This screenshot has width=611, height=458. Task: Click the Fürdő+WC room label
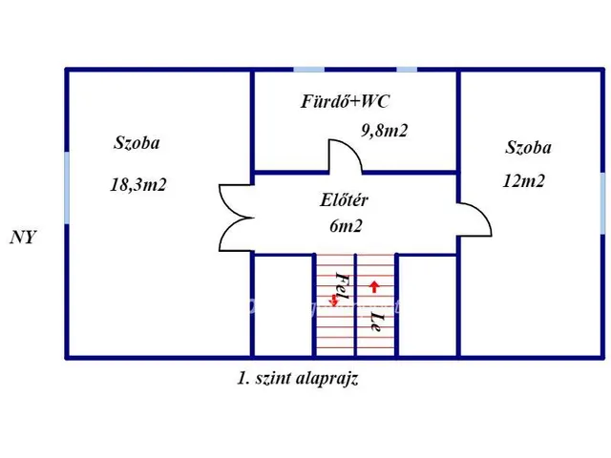click(x=345, y=101)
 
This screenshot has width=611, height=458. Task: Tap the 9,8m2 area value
click(x=384, y=132)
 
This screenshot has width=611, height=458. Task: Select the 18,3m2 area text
click(x=138, y=185)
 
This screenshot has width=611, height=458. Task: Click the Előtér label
click(x=345, y=200)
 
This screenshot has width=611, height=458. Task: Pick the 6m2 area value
click(x=346, y=226)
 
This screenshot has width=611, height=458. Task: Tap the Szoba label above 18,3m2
click(x=137, y=144)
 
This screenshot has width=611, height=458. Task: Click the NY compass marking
click(x=23, y=238)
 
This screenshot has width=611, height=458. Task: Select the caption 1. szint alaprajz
click(x=298, y=378)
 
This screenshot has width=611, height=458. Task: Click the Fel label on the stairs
click(x=341, y=283)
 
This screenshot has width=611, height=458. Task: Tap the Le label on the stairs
click(x=377, y=320)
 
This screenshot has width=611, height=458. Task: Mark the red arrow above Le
click(x=374, y=285)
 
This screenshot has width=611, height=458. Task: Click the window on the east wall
click(x=602, y=200)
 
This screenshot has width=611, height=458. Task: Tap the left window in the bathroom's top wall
click(x=307, y=69)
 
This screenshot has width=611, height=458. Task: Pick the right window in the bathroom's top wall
click(x=407, y=69)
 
